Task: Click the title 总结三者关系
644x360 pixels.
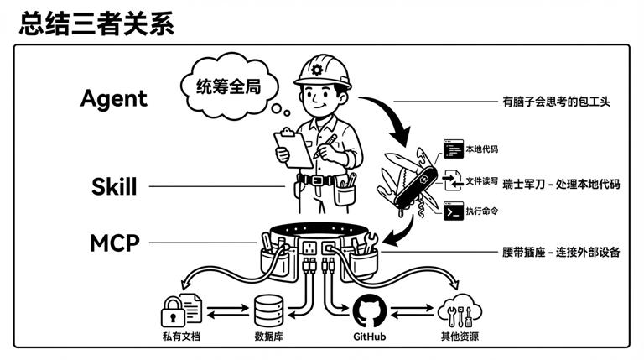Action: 96,23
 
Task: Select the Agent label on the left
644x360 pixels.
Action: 113,98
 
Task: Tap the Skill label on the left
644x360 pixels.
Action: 113,186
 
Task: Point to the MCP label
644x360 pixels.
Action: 114,243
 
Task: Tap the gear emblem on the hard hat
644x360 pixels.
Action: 315,68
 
